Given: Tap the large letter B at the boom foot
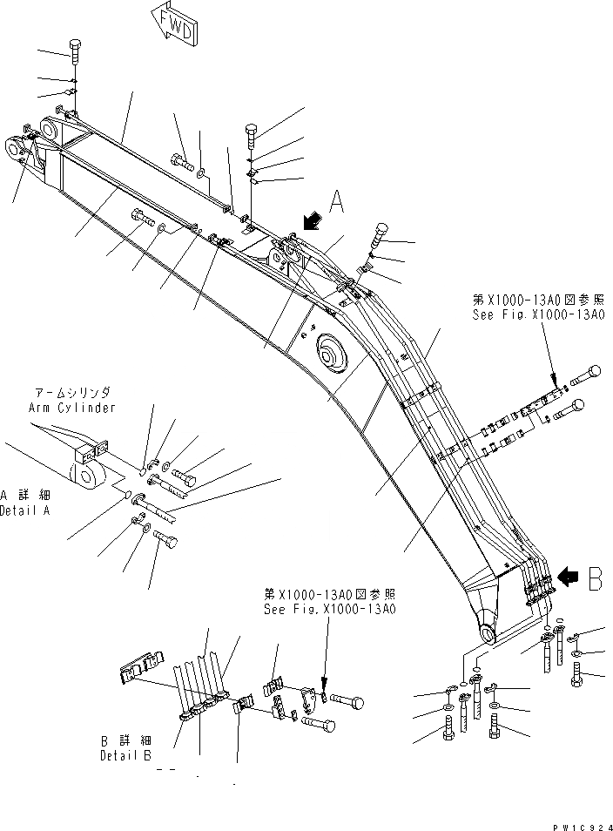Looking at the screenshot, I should tap(595, 579).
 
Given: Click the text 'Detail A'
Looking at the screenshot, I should tap(24, 510).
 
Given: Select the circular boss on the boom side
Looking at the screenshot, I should tap(333, 353).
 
